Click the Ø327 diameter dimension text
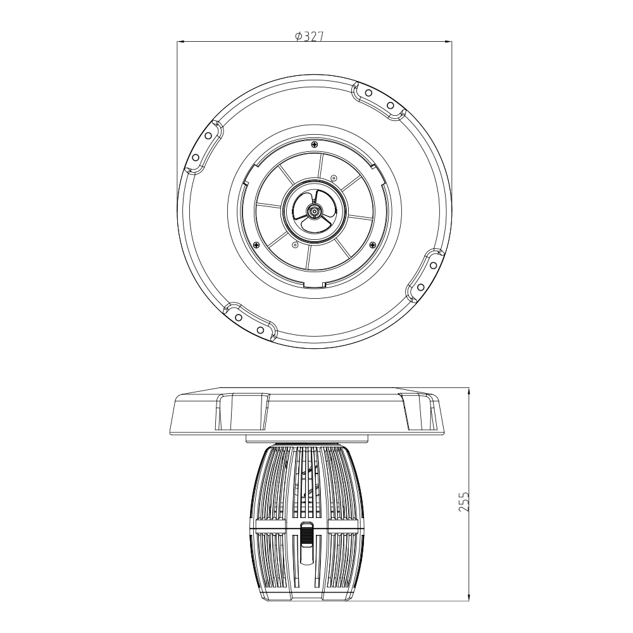310,37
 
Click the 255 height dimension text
465,502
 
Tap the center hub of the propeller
313,211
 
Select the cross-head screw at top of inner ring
314,144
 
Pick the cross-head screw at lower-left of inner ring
256,244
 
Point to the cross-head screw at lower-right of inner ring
372,244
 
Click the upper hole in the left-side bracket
209,135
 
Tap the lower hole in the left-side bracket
196,157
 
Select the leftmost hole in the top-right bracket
368,93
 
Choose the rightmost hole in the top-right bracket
391,106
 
